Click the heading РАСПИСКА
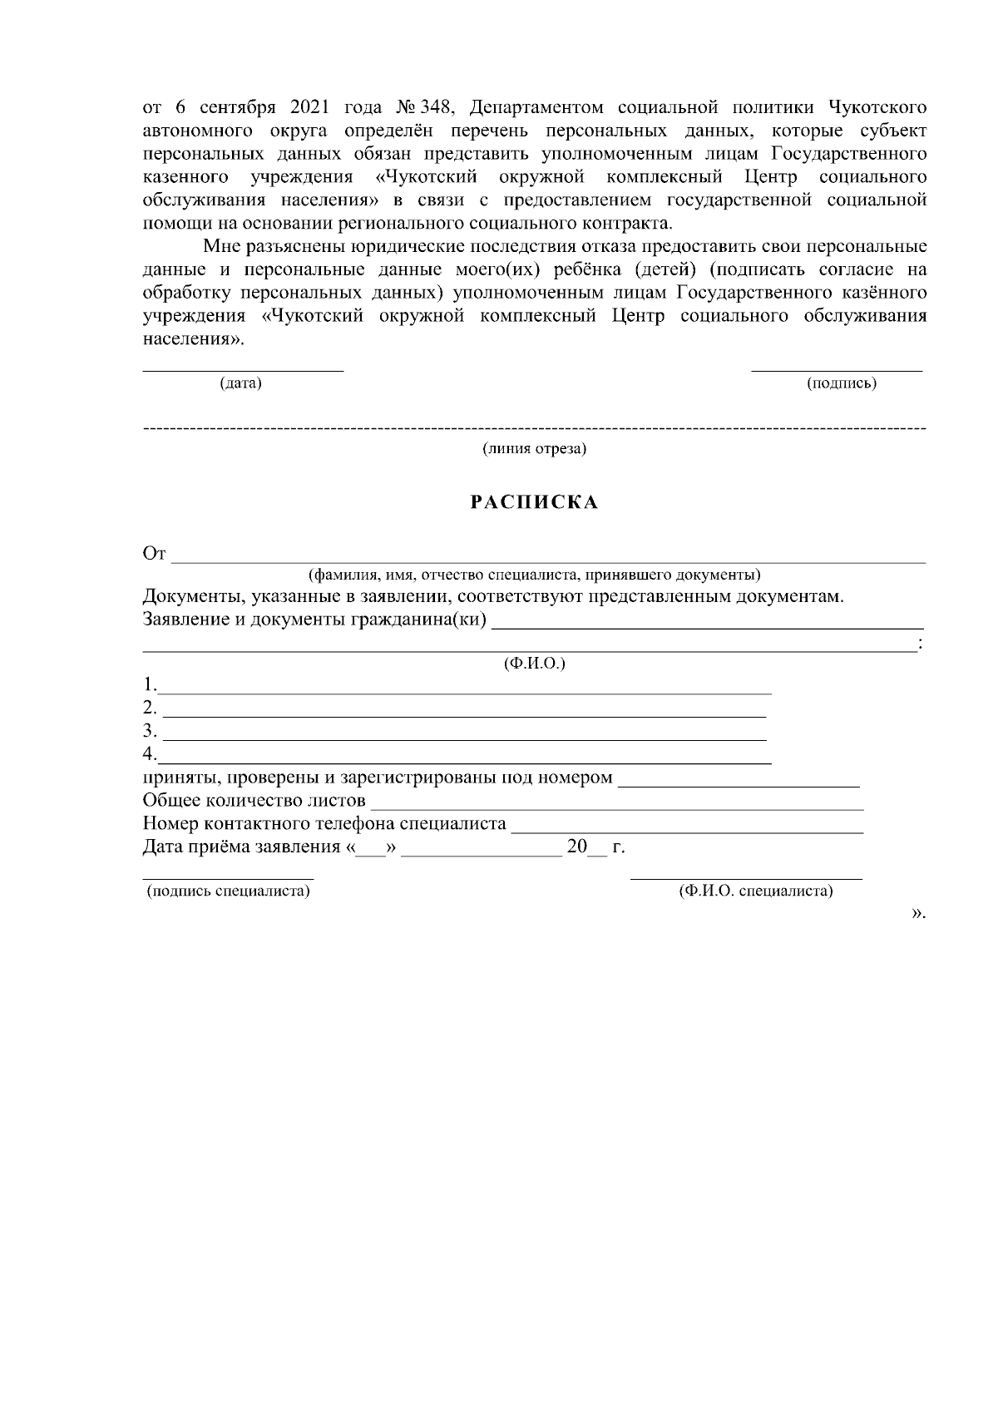point(535,503)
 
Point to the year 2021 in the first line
point(309,108)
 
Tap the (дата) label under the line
point(240,383)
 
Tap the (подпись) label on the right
point(842,383)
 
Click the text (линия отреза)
point(535,449)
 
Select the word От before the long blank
point(155,555)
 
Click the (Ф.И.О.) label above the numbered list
point(535,664)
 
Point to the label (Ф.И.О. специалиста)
point(755,891)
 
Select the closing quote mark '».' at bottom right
point(917,913)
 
